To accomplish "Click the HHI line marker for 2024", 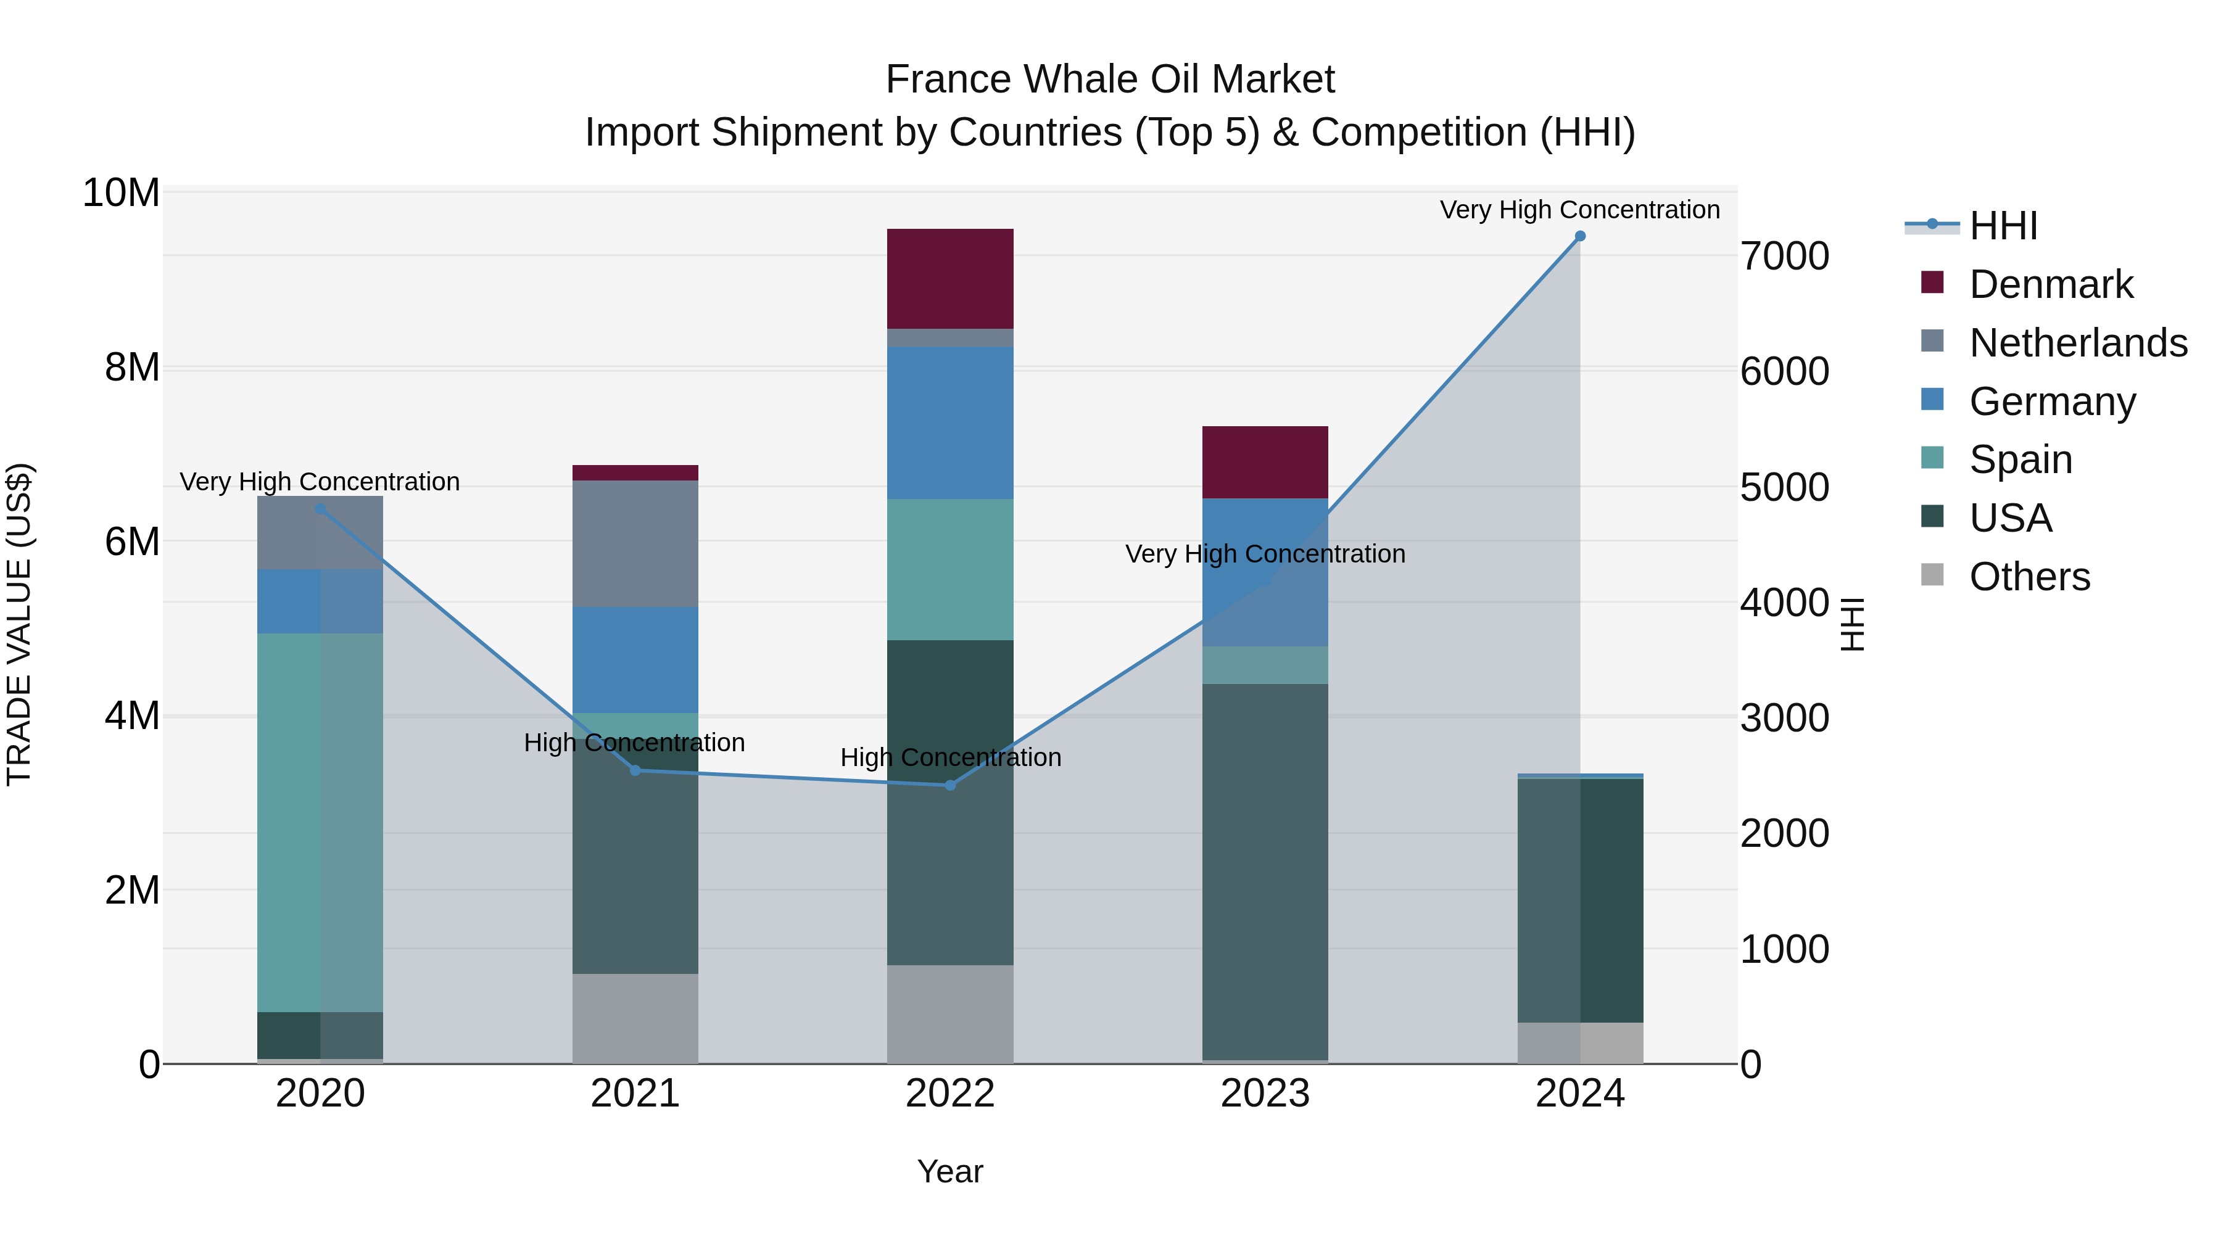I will click(1579, 236).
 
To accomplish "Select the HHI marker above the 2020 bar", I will click(320, 509).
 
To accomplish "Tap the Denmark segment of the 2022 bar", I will click(949, 278).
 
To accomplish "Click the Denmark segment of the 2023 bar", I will click(1264, 462).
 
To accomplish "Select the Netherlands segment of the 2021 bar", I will click(635, 543).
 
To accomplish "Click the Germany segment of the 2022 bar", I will click(949, 423).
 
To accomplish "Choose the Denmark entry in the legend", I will click(2050, 284).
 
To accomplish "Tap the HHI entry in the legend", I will click(2003, 226).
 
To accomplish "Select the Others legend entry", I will click(2029, 577).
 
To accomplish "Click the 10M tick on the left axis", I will click(121, 193).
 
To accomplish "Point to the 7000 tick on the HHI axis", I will click(1784, 257).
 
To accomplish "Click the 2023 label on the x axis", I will click(1264, 1094).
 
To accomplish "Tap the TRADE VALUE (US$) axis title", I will click(19, 624).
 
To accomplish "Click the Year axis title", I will click(949, 1171).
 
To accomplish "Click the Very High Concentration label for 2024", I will click(1579, 210).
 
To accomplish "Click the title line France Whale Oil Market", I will click(1110, 80).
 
